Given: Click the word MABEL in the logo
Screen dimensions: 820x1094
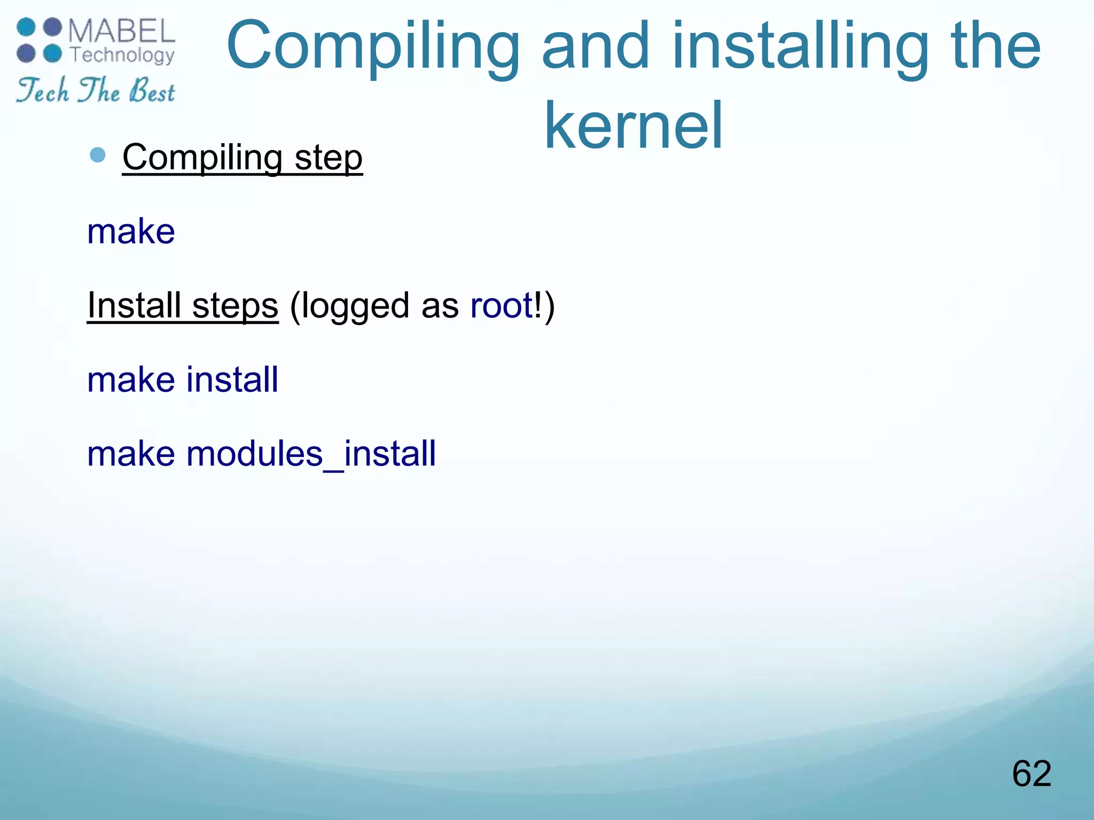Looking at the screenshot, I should pos(122,31).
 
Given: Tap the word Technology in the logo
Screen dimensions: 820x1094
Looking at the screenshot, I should pos(122,55).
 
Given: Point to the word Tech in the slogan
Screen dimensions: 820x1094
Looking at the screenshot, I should pos(43,90).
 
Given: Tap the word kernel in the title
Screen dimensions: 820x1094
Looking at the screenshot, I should pos(633,126).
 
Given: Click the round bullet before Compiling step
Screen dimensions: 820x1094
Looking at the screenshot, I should pos(98,155).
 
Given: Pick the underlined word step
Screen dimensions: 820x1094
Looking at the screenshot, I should pos(329,159).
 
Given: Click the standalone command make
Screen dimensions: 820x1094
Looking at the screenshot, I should pos(131,232).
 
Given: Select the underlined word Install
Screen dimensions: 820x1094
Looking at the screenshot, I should pos(134,305).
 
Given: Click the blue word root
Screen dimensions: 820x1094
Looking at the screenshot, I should pos(501,305).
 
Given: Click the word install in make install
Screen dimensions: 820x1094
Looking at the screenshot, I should pos(232,380).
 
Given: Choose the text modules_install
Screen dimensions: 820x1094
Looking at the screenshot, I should pos(311,454).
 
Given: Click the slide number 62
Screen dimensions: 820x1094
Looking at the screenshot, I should pos(1032,773).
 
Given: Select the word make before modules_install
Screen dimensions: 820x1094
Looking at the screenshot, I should pos(131,454).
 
